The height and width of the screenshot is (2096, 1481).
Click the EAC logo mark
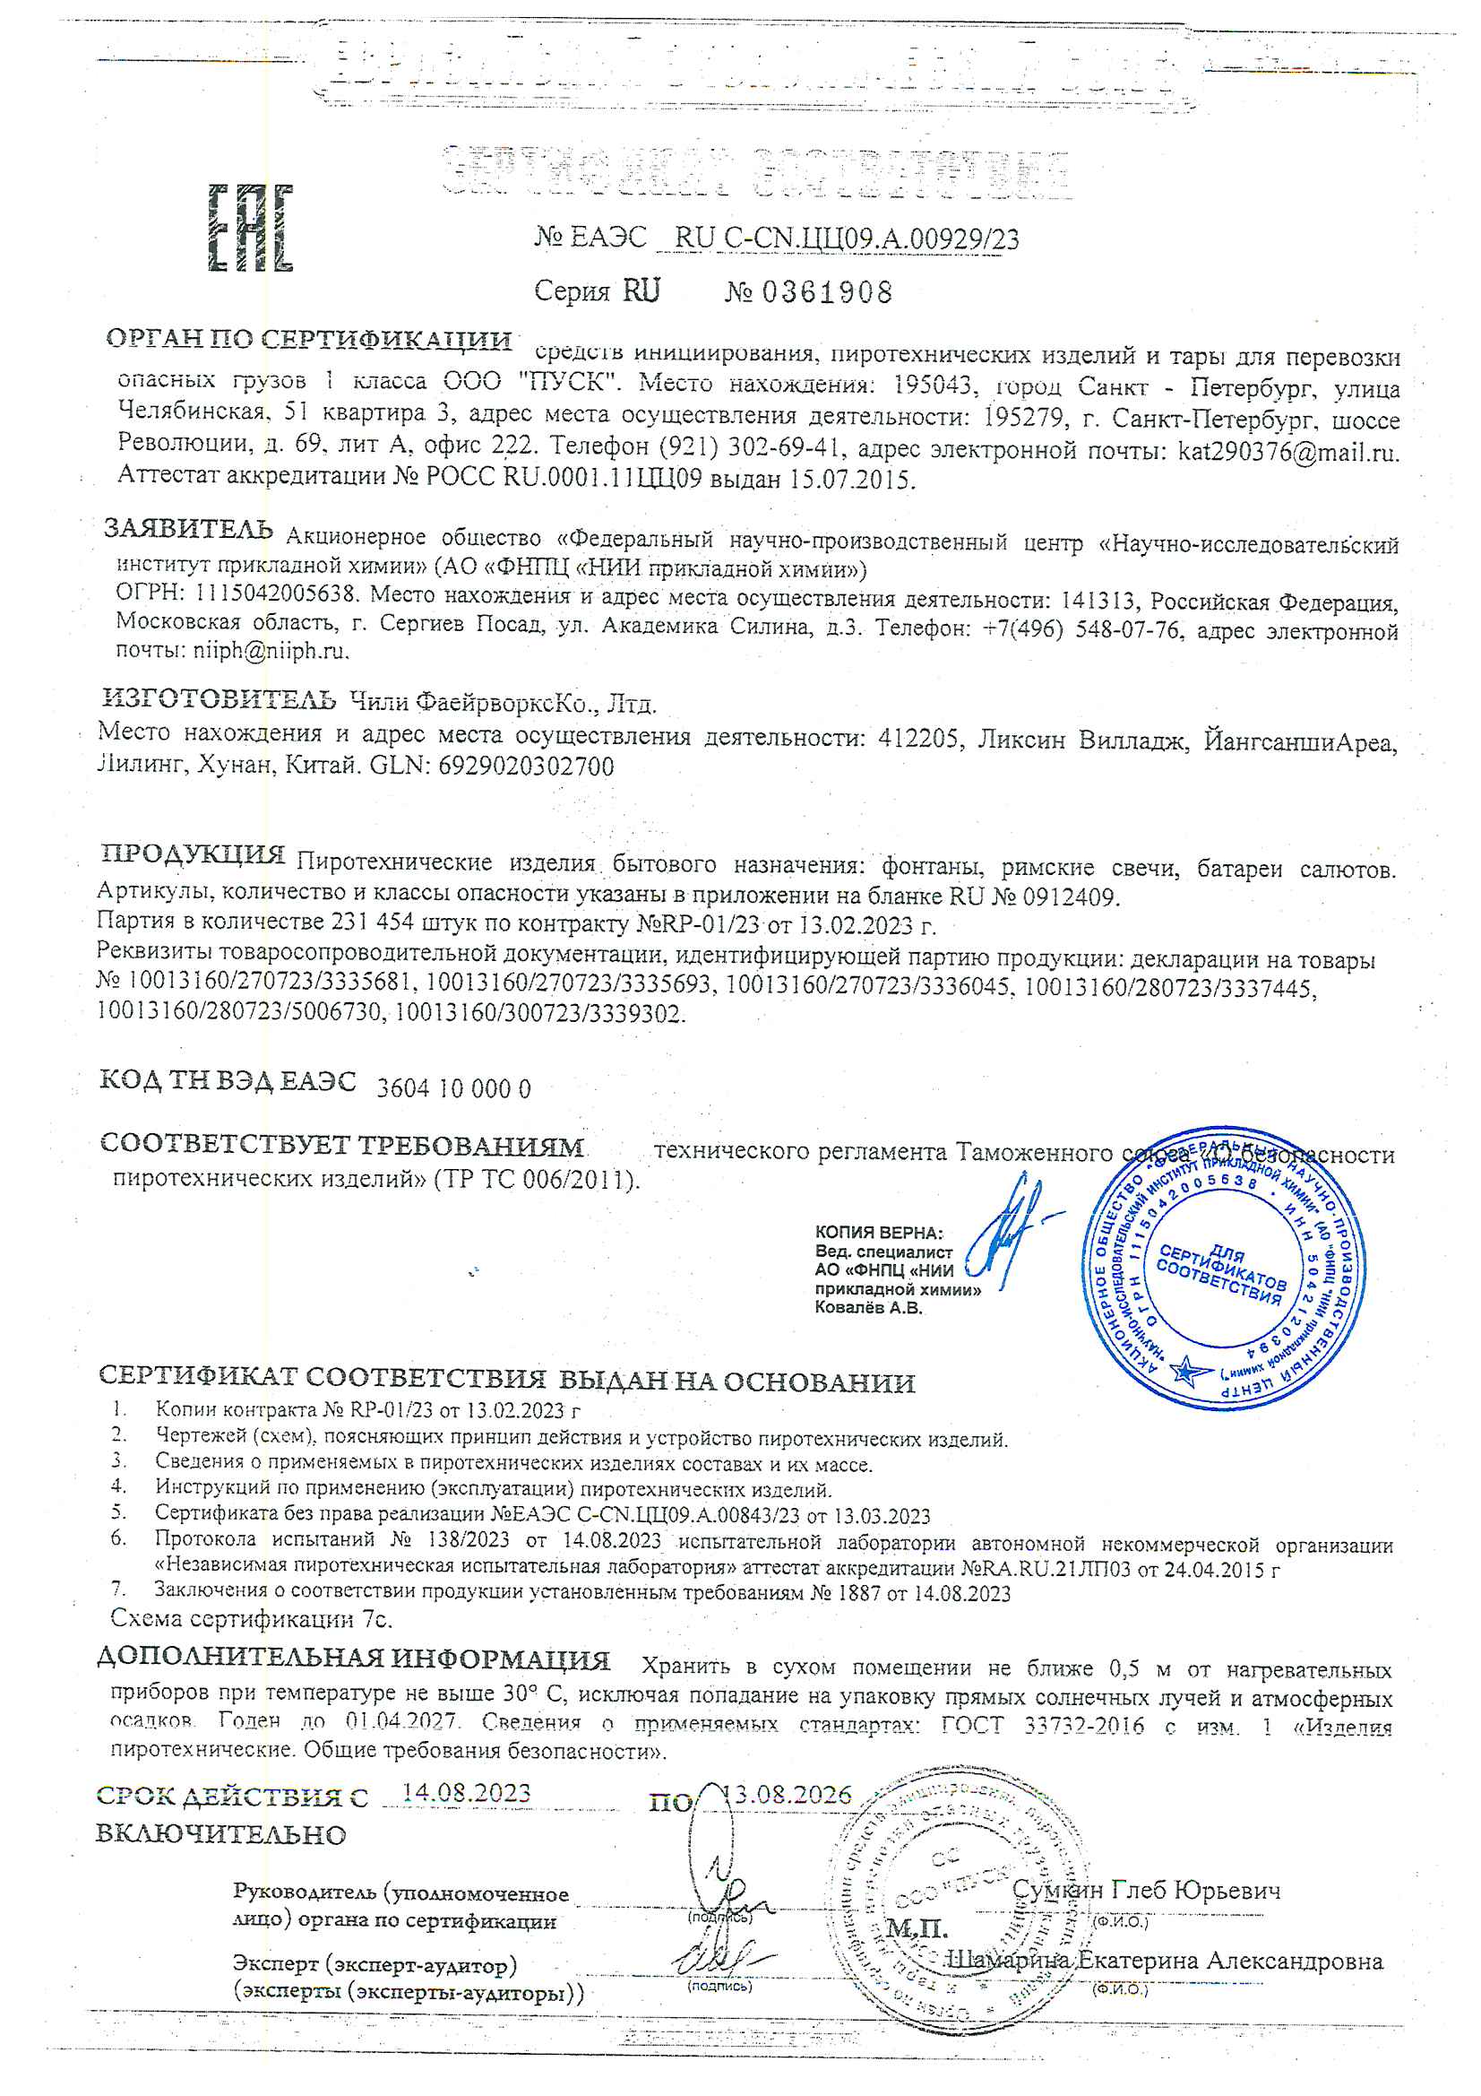point(250,229)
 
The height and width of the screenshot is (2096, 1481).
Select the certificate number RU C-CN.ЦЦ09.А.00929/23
point(846,239)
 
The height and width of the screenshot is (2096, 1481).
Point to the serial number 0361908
point(827,293)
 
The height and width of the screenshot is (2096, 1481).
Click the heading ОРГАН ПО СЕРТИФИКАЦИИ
point(308,340)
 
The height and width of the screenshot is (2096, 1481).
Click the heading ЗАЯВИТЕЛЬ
point(188,530)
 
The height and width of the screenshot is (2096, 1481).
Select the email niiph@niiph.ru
point(270,651)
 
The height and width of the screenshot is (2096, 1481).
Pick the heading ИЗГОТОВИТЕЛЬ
point(219,700)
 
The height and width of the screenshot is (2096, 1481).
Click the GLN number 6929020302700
point(527,767)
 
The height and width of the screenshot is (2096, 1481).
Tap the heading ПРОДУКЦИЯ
point(194,854)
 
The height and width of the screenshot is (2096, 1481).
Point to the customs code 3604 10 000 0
point(453,1089)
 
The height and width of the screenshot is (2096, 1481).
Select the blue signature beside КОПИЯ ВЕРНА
point(1009,1233)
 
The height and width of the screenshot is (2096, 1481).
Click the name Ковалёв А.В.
point(869,1307)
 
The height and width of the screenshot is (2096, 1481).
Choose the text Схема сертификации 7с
point(251,1619)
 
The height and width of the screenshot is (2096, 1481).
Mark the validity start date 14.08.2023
point(466,1792)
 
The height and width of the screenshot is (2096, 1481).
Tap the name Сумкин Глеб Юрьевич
point(1146,1890)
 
